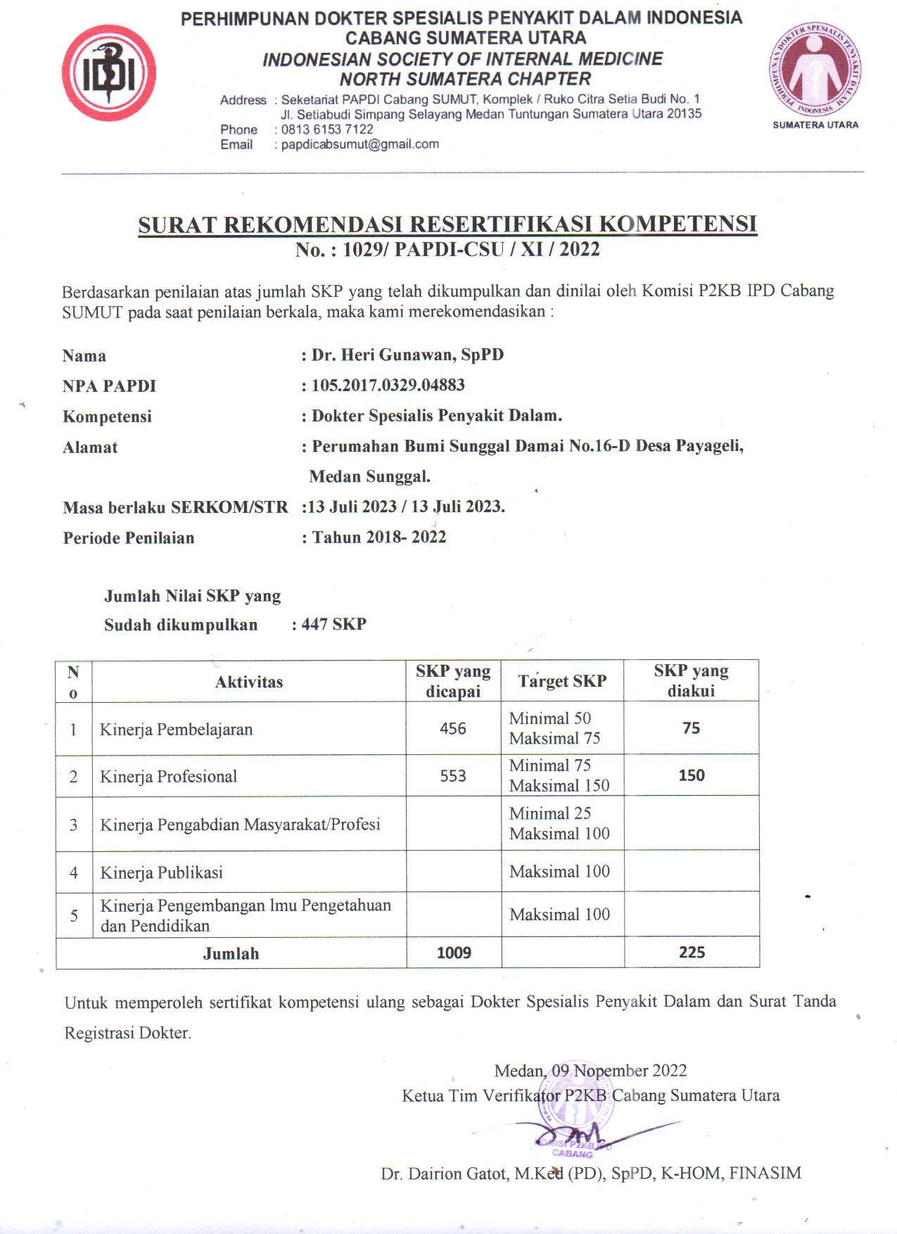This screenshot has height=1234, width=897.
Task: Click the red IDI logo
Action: click(108, 73)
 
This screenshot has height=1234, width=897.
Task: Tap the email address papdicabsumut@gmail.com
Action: click(360, 144)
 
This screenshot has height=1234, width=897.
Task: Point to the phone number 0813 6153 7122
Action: click(327, 129)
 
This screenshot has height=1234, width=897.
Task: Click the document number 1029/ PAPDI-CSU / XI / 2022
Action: click(471, 250)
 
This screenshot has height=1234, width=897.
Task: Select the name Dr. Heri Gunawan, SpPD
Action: click(407, 355)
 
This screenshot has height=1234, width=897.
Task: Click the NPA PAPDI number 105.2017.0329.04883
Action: click(388, 386)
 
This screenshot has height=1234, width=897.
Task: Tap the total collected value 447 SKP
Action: click(333, 625)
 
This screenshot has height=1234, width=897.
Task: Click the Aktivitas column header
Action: click(249, 682)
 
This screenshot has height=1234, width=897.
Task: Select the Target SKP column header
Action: click(562, 681)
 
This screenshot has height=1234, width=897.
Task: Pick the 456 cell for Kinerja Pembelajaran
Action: click(453, 729)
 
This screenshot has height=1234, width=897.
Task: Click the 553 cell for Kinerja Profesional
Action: click(453, 776)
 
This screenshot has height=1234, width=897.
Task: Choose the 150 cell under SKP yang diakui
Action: click(691, 775)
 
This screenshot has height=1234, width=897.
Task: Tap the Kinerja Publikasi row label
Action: click(161, 872)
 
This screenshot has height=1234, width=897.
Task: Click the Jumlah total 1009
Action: click(454, 953)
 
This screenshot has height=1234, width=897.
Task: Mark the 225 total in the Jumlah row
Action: click(692, 953)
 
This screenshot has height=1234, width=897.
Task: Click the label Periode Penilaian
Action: click(128, 538)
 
